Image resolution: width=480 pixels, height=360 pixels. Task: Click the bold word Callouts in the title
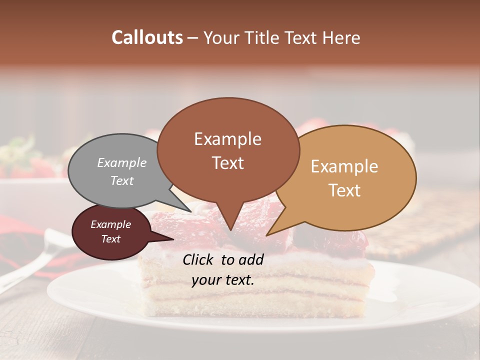coord(147,37)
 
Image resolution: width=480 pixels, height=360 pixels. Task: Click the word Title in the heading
coord(263,37)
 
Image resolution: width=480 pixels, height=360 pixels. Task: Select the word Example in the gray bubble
coord(122,162)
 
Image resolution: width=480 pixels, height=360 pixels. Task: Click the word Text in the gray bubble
coord(122,180)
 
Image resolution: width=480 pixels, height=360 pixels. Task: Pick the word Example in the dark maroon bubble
coord(110,224)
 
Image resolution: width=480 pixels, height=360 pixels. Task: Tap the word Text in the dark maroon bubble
coord(110,239)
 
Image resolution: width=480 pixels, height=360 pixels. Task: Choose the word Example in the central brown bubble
coord(227,139)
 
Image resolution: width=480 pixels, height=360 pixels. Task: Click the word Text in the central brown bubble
coord(227,163)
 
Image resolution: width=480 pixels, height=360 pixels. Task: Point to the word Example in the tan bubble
coord(344,166)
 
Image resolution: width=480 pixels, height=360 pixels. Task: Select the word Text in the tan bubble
coord(344,190)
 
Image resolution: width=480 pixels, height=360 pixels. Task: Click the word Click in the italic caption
coord(199,259)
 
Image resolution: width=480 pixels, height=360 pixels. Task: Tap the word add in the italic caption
coord(251,259)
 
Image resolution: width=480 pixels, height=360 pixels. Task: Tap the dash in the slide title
coord(193,38)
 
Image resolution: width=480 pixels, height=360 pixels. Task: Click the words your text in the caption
coord(223,280)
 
